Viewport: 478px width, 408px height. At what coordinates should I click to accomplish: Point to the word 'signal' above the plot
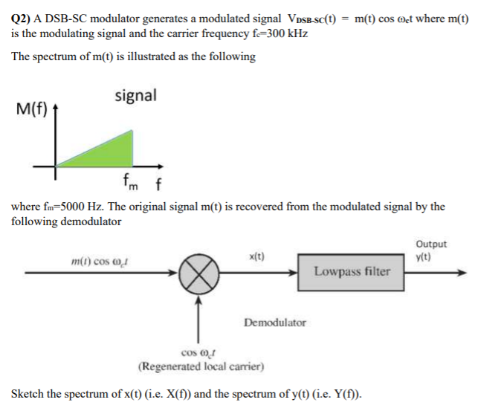(x=135, y=95)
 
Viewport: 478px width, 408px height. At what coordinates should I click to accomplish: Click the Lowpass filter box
(x=352, y=271)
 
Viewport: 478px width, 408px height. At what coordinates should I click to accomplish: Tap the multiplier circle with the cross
(x=198, y=273)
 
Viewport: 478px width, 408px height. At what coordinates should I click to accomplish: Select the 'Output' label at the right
(x=430, y=244)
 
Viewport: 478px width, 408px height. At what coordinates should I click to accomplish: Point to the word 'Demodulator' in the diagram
(x=274, y=322)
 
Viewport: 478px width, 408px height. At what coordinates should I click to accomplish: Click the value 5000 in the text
(x=84, y=207)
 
